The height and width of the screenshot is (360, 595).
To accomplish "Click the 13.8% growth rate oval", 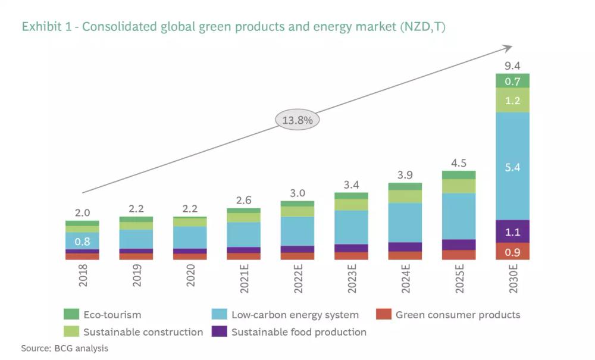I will coord(297,120).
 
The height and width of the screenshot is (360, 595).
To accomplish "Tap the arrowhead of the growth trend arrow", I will coord(508,47).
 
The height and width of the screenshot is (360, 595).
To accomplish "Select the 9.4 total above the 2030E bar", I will coord(512,65).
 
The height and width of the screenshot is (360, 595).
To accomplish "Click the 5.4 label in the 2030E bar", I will coord(512,168).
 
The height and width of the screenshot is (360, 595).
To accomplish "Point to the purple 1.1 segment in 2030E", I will coord(512,233).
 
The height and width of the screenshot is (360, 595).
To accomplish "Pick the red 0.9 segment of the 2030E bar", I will coord(512,252).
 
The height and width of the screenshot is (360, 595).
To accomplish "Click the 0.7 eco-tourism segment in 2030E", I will coord(512,81).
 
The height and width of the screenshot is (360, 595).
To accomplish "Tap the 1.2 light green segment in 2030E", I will coord(512,101).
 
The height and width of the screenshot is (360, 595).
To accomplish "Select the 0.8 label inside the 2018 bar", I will coord(82,242).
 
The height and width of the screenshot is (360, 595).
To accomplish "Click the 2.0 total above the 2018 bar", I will coord(82,212).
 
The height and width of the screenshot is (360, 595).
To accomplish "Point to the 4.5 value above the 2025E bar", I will coord(459,162).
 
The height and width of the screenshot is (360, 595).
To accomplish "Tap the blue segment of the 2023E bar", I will coord(351,227).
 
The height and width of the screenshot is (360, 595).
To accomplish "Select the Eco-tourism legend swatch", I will coord(71,314).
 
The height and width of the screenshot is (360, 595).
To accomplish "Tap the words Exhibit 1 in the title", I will coord(45,27).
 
